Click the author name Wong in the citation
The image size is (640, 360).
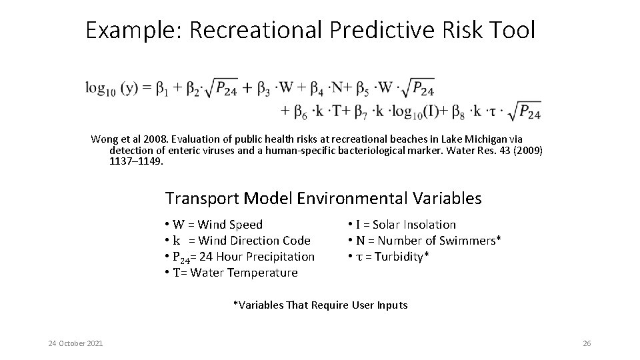[x=105, y=139]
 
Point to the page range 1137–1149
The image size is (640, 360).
[x=136, y=161]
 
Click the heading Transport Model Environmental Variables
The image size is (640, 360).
[x=323, y=198]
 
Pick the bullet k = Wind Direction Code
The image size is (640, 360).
[x=237, y=241]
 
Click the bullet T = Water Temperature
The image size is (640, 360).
[x=231, y=273]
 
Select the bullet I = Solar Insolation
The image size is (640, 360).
[x=401, y=225]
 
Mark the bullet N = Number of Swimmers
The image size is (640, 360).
[x=424, y=241]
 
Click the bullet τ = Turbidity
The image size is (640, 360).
[x=388, y=257]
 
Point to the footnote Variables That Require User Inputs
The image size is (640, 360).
[x=320, y=305]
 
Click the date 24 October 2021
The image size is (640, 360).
[x=75, y=343]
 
